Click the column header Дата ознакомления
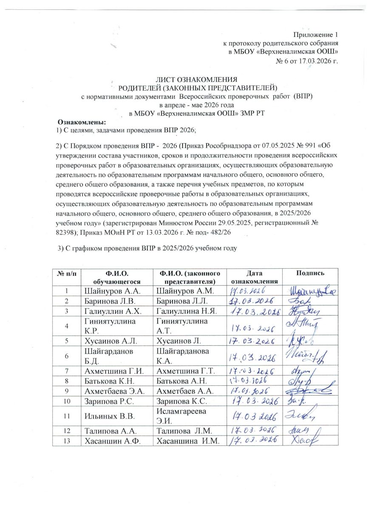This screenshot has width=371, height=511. tap(255, 277)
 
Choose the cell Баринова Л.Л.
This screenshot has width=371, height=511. tap(184, 301)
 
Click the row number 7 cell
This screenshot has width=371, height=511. tap(66, 371)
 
